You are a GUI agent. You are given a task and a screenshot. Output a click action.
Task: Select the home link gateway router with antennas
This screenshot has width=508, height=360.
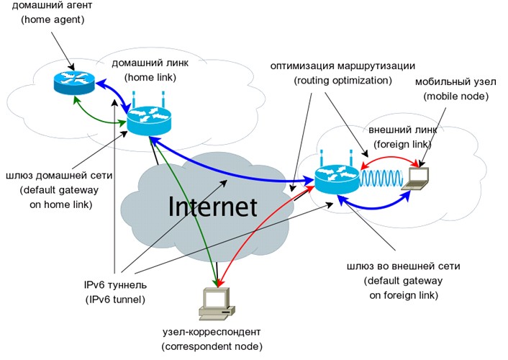click(150, 119)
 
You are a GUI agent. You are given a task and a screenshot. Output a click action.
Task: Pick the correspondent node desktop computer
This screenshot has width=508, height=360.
click(214, 306)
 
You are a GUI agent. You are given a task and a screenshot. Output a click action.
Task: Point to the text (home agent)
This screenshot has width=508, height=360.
click(53, 20)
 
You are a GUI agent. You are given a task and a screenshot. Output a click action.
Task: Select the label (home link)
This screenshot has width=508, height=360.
click(149, 78)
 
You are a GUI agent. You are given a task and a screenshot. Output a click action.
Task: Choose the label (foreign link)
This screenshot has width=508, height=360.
click(399, 145)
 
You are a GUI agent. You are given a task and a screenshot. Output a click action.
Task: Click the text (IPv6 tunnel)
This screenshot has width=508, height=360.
click(114, 298)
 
